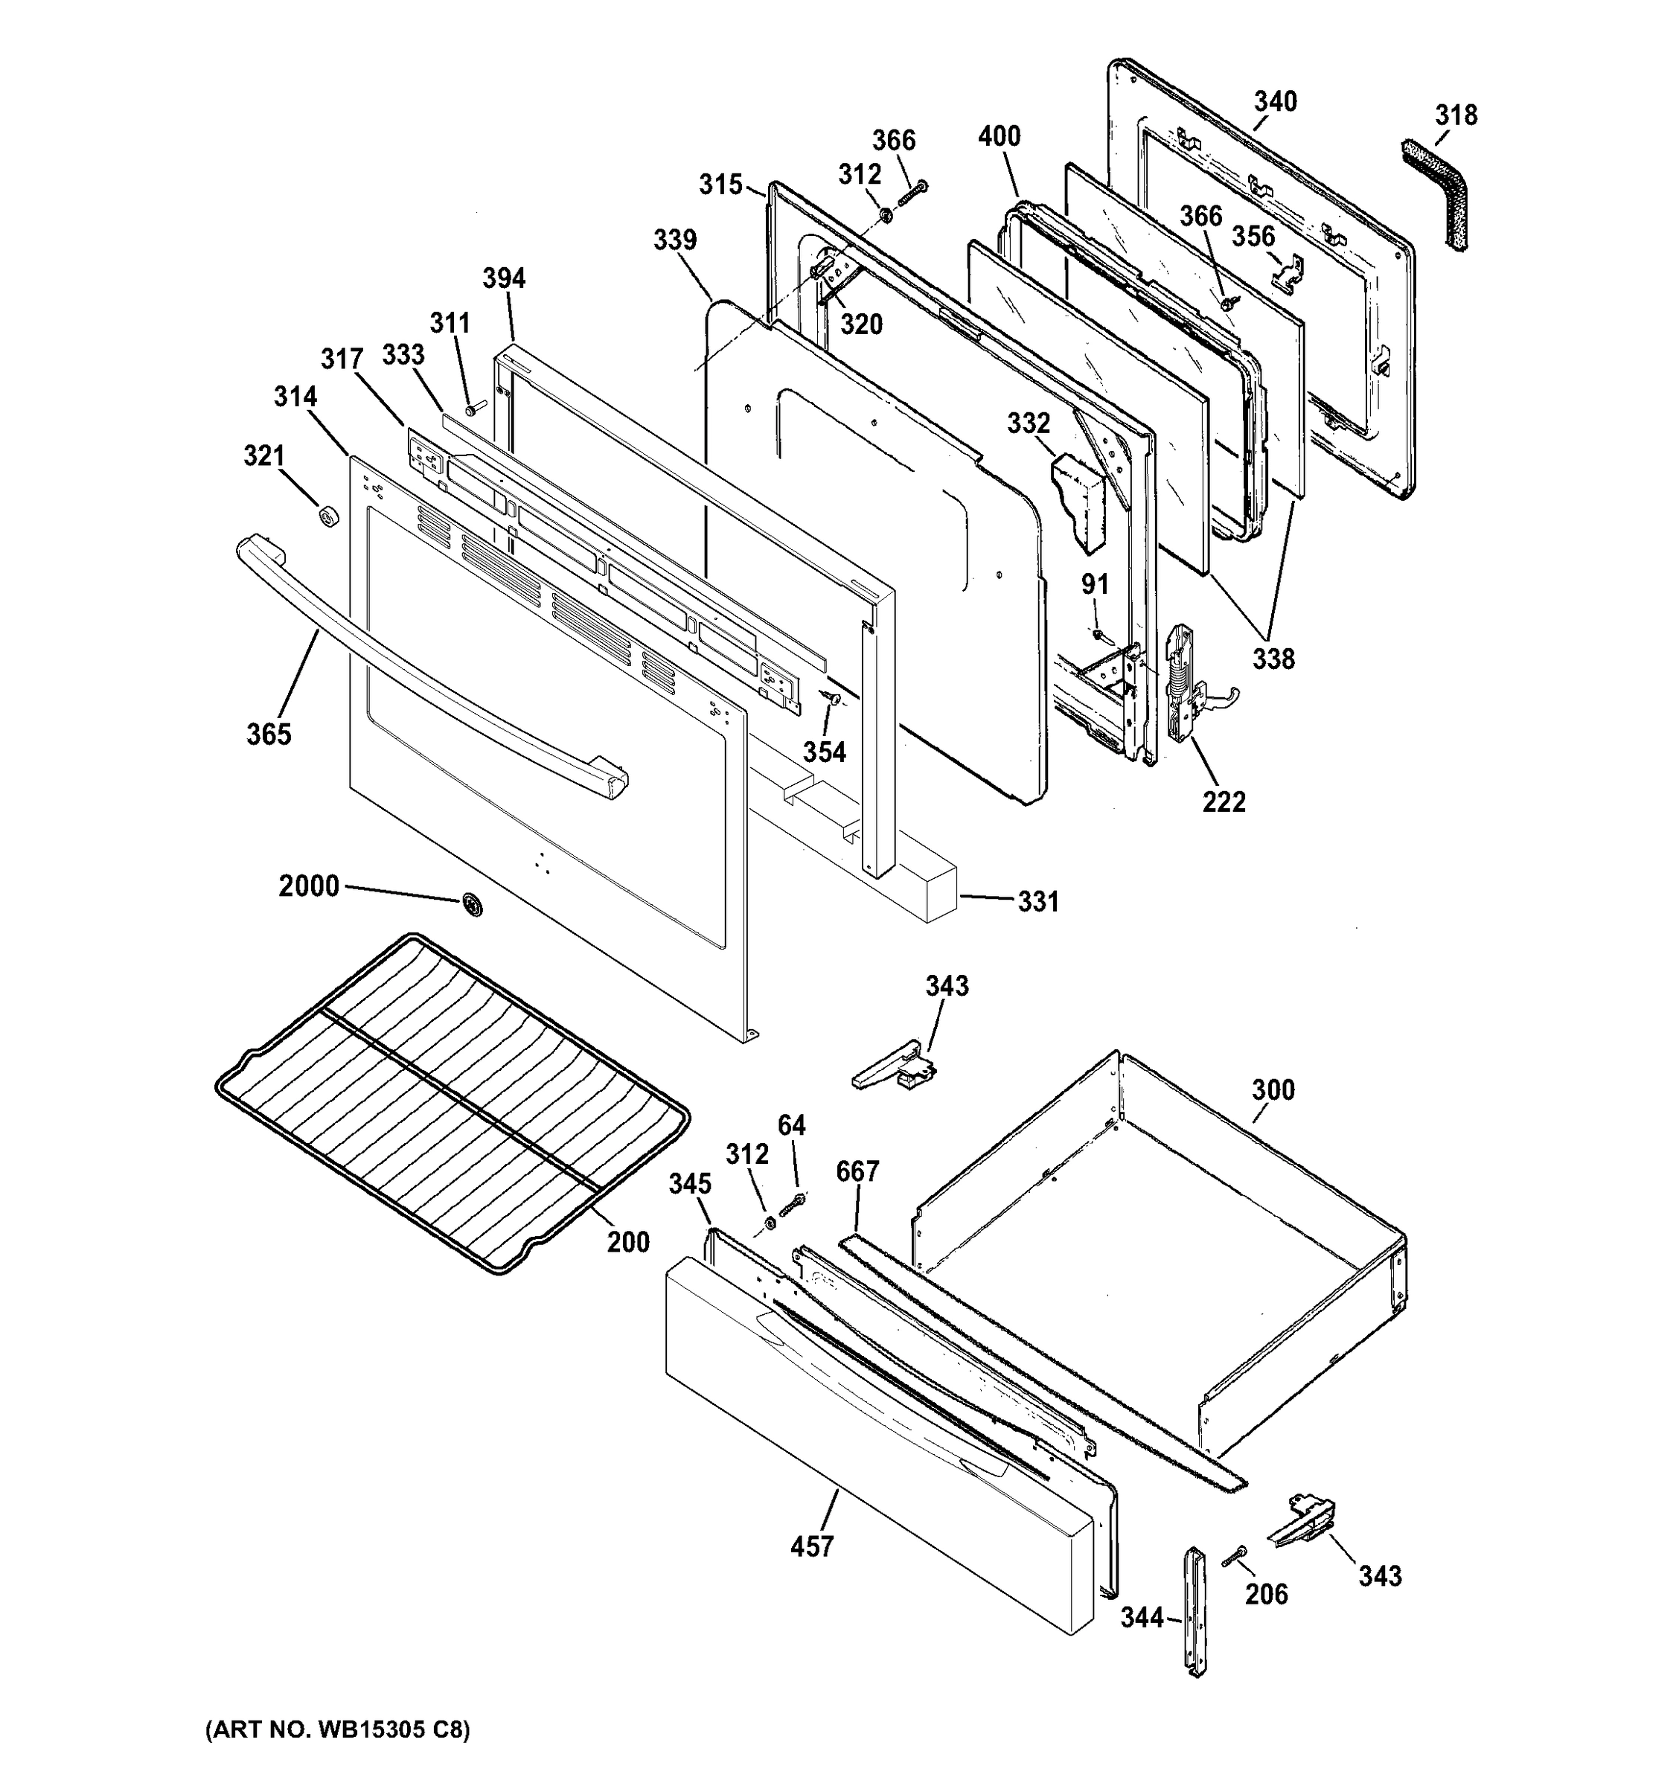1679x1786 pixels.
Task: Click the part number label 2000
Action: coord(308,887)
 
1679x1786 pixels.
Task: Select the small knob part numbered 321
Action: coord(329,516)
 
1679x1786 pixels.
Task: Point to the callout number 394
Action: coord(503,278)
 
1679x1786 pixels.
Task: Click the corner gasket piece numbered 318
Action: coord(1439,193)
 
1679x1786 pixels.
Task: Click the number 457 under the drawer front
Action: coord(812,1546)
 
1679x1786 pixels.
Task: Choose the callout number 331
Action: coord(1037,901)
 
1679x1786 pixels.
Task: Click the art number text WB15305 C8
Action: coord(337,1730)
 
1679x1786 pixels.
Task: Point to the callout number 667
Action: coord(857,1171)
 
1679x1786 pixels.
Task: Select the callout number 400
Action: coord(999,137)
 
